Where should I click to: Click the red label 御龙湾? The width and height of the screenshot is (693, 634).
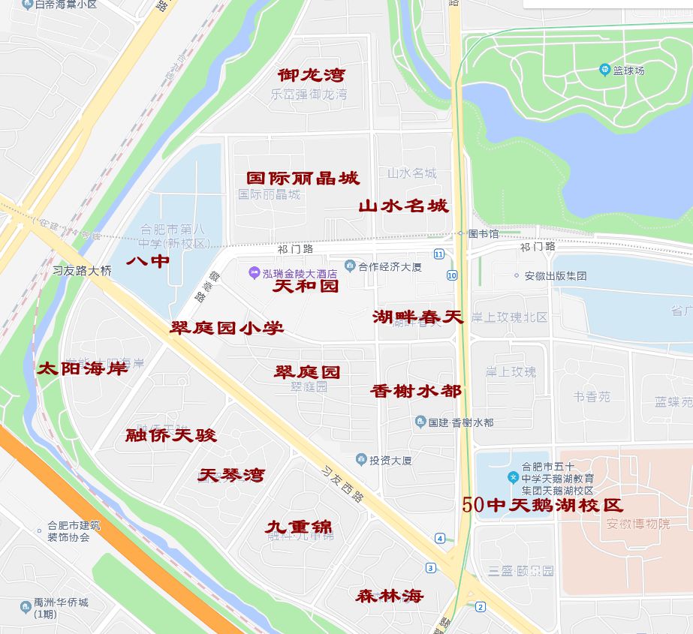(x=311, y=75)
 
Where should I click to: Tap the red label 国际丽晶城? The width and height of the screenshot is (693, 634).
(x=303, y=178)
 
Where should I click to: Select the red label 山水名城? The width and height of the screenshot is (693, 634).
(x=402, y=206)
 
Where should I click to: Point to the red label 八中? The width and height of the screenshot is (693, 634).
(x=148, y=261)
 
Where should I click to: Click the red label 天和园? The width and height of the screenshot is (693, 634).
(x=305, y=286)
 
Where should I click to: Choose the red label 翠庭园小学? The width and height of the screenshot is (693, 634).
(x=227, y=328)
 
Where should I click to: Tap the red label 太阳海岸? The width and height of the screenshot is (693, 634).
(x=83, y=368)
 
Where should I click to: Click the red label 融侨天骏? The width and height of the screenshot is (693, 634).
(x=170, y=435)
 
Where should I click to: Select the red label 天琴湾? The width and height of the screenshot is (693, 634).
(x=231, y=475)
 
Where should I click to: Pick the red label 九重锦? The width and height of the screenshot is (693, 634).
(x=298, y=527)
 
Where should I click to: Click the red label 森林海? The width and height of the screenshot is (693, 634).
(x=389, y=596)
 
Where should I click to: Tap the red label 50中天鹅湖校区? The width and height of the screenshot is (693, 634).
(x=542, y=505)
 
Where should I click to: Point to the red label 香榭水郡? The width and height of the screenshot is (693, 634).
(x=415, y=391)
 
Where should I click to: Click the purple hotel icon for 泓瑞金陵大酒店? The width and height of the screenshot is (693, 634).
(x=255, y=272)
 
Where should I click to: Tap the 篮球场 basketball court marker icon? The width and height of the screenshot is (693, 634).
(x=605, y=71)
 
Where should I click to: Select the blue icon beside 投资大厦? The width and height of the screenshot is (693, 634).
(x=361, y=460)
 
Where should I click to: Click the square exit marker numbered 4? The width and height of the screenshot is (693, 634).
(x=439, y=538)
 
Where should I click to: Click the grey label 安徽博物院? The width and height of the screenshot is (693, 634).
(x=637, y=524)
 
